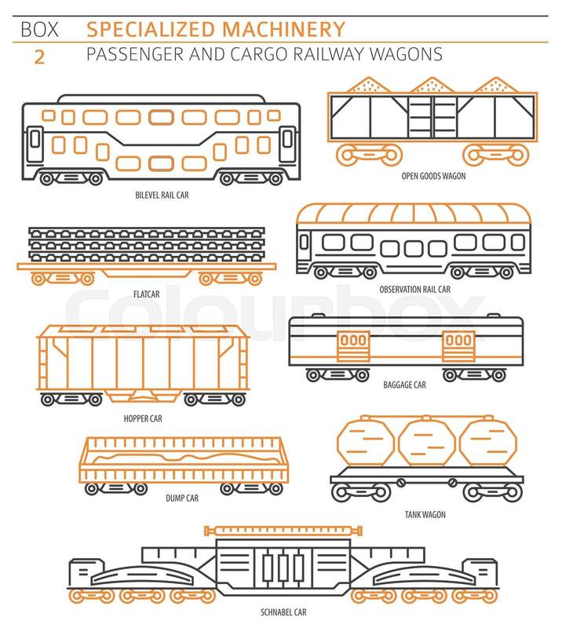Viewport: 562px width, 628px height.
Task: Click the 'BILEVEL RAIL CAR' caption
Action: pyautogui.click(x=162, y=195)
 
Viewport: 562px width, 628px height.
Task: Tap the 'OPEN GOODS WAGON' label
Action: pyautogui.click(x=433, y=176)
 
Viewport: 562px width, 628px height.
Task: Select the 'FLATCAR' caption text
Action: pyautogui.click(x=146, y=294)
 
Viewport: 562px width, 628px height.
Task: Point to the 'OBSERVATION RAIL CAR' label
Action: pyautogui.click(x=414, y=289)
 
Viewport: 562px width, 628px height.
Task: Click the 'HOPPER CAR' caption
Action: pyautogui.click(x=143, y=418)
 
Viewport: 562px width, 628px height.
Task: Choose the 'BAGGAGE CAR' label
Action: pyautogui.click(x=404, y=385)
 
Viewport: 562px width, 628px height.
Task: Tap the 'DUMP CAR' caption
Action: pyautogui.click(x=182, y=498)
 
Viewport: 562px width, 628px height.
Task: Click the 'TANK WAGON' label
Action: pyautogui.click(x=425, y=515)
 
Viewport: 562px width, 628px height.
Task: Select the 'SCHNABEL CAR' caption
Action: pyautogui.click(x=283, y=612)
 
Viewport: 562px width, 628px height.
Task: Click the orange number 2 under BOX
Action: pyautogui.click(x=39, y=57)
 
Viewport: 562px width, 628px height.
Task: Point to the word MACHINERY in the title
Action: pyautogui.click(x=283, y=29)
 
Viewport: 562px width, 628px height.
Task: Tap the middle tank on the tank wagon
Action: pyautogui.click(x=427, y=443)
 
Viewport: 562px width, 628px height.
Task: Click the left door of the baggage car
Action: pyautogui.click(x=353, y=346)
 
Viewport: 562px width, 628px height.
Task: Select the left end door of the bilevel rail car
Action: pyautogui.click(x=35, y=144)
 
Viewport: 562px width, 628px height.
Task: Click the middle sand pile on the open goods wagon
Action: pyautogui.click(x=432, y=85)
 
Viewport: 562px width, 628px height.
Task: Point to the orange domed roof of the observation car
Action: pyautogui.click(x=414, y=214)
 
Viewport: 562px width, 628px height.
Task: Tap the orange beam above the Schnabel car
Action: pyautogui.click(x=283, y=531)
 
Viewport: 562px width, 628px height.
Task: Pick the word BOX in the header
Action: pyautogui.click(x=39, y=30)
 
